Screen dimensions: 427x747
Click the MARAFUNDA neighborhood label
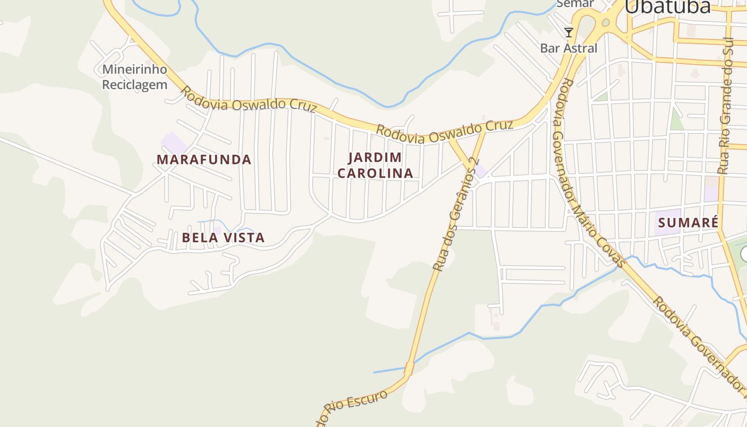(x=204, y=160)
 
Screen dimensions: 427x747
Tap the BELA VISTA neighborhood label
(x=223, y=238)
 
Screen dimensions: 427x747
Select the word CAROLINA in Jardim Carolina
(x=375, y=173)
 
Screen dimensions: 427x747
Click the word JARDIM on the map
(x=375, y=157)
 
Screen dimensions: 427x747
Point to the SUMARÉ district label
(x=688, y=223)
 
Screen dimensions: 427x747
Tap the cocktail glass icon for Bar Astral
(x=569, y=33)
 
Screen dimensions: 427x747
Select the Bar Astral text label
(x=569, y=48)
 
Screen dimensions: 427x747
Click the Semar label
(x=575, y=4)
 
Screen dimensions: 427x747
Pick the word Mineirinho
(x=134, y=69)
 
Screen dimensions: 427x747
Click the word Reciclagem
(x=134, y=84)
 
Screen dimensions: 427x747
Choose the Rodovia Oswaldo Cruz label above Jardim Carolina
(x=444, y=132)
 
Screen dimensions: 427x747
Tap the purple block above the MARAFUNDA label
(x=174, y=143)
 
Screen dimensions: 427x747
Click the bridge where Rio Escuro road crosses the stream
(x=409, y=368)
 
